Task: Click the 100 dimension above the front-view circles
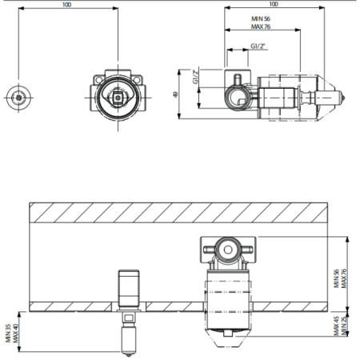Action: click(x=66, y=5)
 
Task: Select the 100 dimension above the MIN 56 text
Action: click(x=274, y=4)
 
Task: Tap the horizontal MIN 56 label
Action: click(x=261, y=18)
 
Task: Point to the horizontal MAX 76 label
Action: click(x=261, y=26)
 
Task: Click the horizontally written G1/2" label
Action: click(x=258, y=46)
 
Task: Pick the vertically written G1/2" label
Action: click(x=196, y=77)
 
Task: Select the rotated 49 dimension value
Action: click(x=175, y=94)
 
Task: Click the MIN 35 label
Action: click(x=8, y=333)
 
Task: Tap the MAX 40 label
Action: click(x=16, y=333)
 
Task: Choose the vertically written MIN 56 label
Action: click(x=336, y=278)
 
